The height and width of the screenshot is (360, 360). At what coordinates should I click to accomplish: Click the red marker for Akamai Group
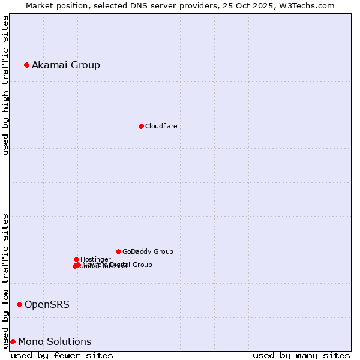pyautogui.click(x=26, y=65)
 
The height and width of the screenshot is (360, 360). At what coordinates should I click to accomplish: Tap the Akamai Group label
pyautogui.click(x=66, y=65)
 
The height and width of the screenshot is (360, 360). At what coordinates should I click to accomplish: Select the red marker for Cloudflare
pyautogui.click(x=141, y=126)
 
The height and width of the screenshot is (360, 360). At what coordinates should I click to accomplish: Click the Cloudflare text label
pyautogui.click(x=161, y=126)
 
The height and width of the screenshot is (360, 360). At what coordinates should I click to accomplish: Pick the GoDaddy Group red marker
pyautogui.click(x=118, y=251)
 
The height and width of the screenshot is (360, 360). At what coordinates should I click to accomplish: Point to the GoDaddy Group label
pyautogui.click(x=148, y=251)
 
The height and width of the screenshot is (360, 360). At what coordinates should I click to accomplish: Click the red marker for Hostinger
pyautogui.click(x=76, y=259)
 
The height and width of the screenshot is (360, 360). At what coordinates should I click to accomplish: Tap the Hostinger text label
pyautogui.click(x=95, y=259)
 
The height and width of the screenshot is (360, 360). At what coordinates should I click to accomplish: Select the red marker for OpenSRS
pyautogui.click(x=19, y=304)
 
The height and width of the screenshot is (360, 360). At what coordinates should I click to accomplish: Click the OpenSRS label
pyautogui.click(x=47, y=304)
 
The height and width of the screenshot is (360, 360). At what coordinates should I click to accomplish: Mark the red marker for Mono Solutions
pyautogui.click(x=13, y=341)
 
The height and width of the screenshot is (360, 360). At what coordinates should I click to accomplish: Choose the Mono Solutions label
pyautogui.click(x=55, y=341)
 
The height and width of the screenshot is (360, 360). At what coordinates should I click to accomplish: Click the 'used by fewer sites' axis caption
pyautogui.click(x=62, y=355)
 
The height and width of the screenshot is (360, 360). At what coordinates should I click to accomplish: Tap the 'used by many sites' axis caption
pyautogui.click(x=301, y=355)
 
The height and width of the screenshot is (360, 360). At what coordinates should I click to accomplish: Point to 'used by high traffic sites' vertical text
pyautogui.click(x=5, y=85)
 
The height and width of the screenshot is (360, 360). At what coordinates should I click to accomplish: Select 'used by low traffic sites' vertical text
pyautogui.click(x=5, y=280)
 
